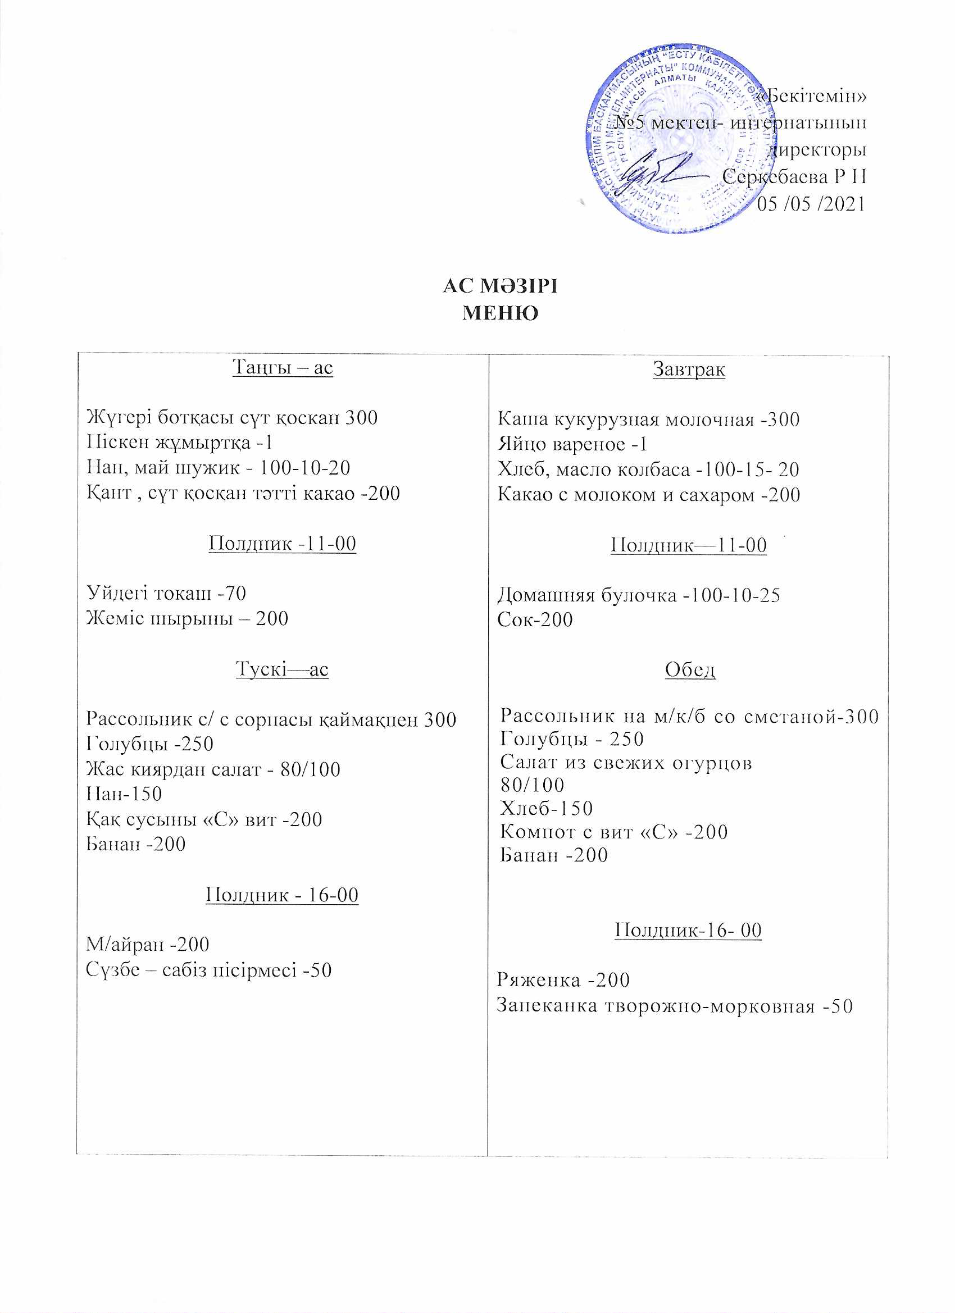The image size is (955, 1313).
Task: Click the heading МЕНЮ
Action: [x=501, y=313]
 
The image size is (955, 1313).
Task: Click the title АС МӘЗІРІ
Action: [x=500, y=286]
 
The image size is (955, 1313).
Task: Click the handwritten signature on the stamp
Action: [x=660, y=170]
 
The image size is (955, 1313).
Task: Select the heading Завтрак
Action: [x=689, y=369]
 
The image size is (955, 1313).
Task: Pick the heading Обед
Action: [x=690, y=670]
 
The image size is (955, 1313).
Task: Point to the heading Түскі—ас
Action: [x=282, y=669]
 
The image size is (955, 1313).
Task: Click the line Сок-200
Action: [x=535, y=619]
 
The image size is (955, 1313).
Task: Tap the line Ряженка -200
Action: [x=563, y=979]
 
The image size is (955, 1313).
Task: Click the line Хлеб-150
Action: [x=546, y=808]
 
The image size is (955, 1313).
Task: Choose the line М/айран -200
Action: [x=148, y=944]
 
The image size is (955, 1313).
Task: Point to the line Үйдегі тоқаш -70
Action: [x=166, y=593]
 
